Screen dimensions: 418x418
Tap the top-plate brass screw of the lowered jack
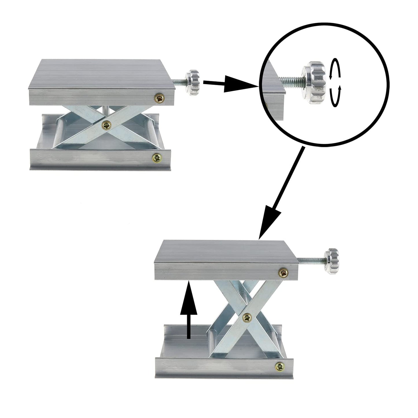(x=160, y=98)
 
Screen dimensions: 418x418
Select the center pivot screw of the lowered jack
(x=107, y=125)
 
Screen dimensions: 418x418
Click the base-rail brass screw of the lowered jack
(x=157, y=158)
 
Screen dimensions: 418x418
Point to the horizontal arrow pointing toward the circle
(x=229, y=84)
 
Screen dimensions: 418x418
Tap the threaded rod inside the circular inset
(x=292, y=81)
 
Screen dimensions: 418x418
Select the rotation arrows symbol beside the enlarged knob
(x=335, y=83)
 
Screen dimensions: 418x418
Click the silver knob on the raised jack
(x=331, y=261)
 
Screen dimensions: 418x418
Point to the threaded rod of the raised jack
(x=311, y=262)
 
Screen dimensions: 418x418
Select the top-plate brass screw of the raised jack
(x=283, y=272)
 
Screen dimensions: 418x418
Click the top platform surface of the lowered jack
(x=104, y=74)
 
